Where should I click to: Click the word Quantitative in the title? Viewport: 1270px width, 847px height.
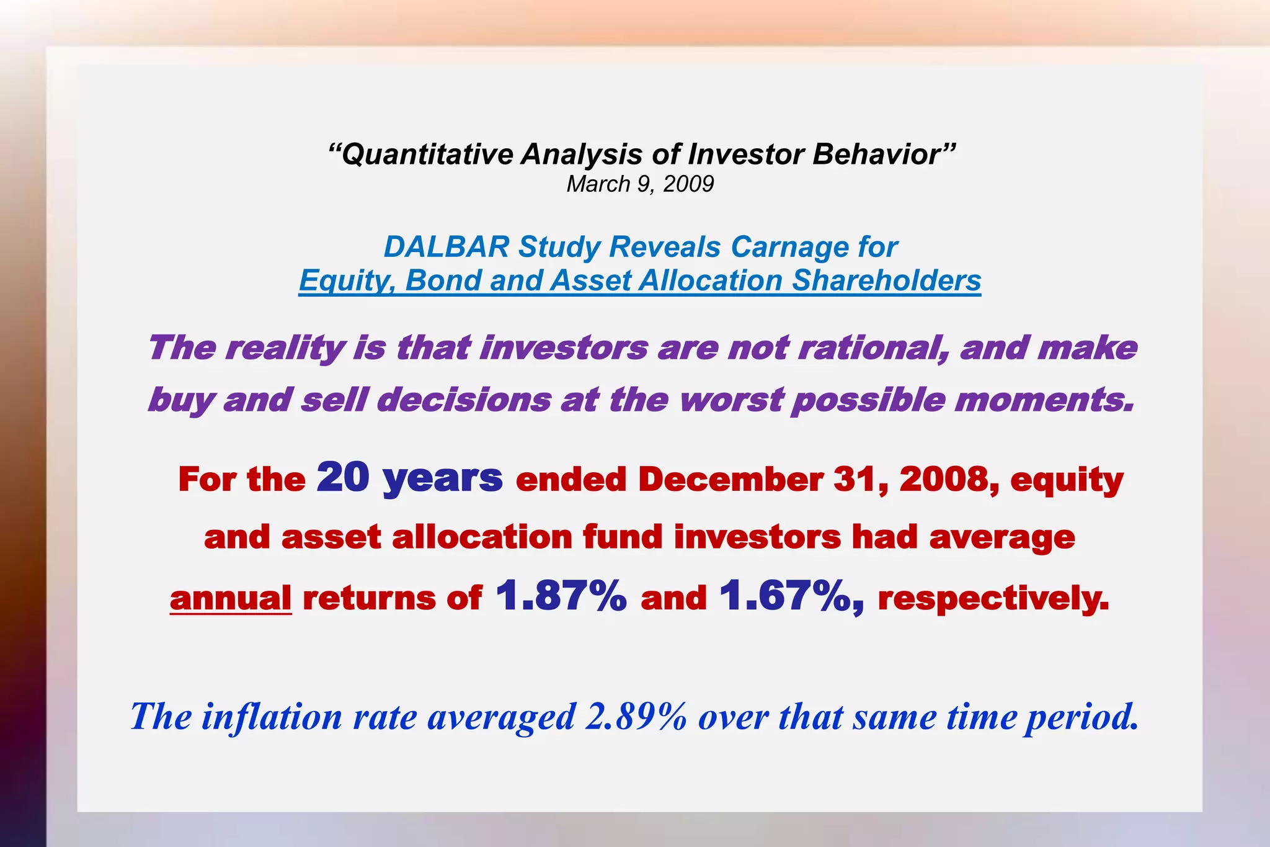point(427,155)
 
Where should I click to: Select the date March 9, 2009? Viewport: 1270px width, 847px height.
point(640,184)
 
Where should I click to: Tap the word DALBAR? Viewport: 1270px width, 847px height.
point(446,247)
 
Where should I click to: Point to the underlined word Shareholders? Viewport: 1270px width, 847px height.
point(886,280)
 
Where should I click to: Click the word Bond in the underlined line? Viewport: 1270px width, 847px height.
point(443,280)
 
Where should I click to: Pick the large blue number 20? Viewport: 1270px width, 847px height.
point(343,477)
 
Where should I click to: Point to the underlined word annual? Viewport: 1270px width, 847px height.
point(231,598)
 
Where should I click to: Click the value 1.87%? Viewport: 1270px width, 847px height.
point(561,596)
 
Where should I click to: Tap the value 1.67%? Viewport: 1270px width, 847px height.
point(790,596)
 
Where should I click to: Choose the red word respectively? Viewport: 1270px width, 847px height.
point(993,598)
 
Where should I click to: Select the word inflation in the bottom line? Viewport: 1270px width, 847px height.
point(272,717)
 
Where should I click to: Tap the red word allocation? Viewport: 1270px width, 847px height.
point(482,537)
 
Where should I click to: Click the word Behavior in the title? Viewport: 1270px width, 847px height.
point(884,155)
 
